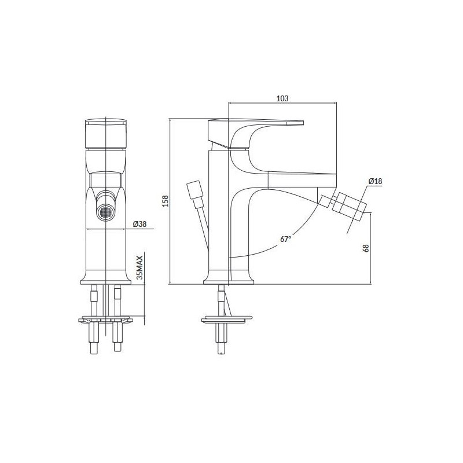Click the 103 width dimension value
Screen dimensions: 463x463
click(x=282, y=99)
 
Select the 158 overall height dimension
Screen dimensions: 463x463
click(x=165, y=201)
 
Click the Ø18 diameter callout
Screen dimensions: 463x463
click(x=375, y=182)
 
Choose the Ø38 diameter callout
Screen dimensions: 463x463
click(x=139, y=224)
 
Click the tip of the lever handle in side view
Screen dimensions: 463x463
click(x=298, y=122)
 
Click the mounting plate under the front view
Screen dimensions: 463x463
click(x=107, y=319)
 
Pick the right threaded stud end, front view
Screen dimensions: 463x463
click(x=119, y=348)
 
